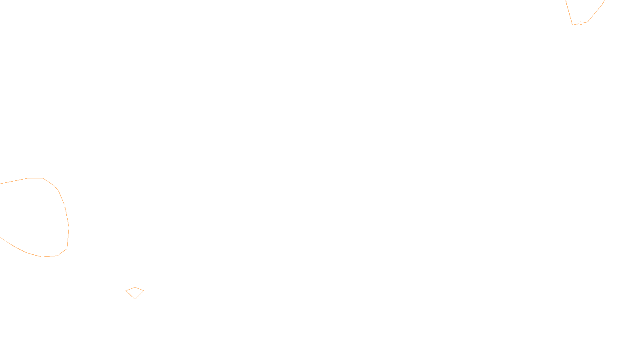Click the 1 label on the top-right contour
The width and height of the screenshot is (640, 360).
point(581,23)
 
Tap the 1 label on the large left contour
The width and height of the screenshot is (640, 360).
point(65,206)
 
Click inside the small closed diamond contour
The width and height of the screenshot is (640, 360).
point(135,292)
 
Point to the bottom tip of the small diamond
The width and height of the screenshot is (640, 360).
point(135,299)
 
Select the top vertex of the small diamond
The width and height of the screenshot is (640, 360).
point(135,287)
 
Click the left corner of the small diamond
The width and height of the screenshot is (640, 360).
point(126,291)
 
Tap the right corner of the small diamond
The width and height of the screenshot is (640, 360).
point(144,290)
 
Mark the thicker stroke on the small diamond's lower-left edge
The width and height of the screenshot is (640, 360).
point(130,295)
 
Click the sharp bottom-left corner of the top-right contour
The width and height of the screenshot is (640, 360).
point(573,25)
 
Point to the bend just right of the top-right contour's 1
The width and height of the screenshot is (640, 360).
point(588,22)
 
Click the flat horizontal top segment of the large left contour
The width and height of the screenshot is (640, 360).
point(35,178)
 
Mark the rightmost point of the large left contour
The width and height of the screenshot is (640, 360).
point(69,228)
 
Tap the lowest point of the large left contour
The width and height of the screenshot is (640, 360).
point(43,257)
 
